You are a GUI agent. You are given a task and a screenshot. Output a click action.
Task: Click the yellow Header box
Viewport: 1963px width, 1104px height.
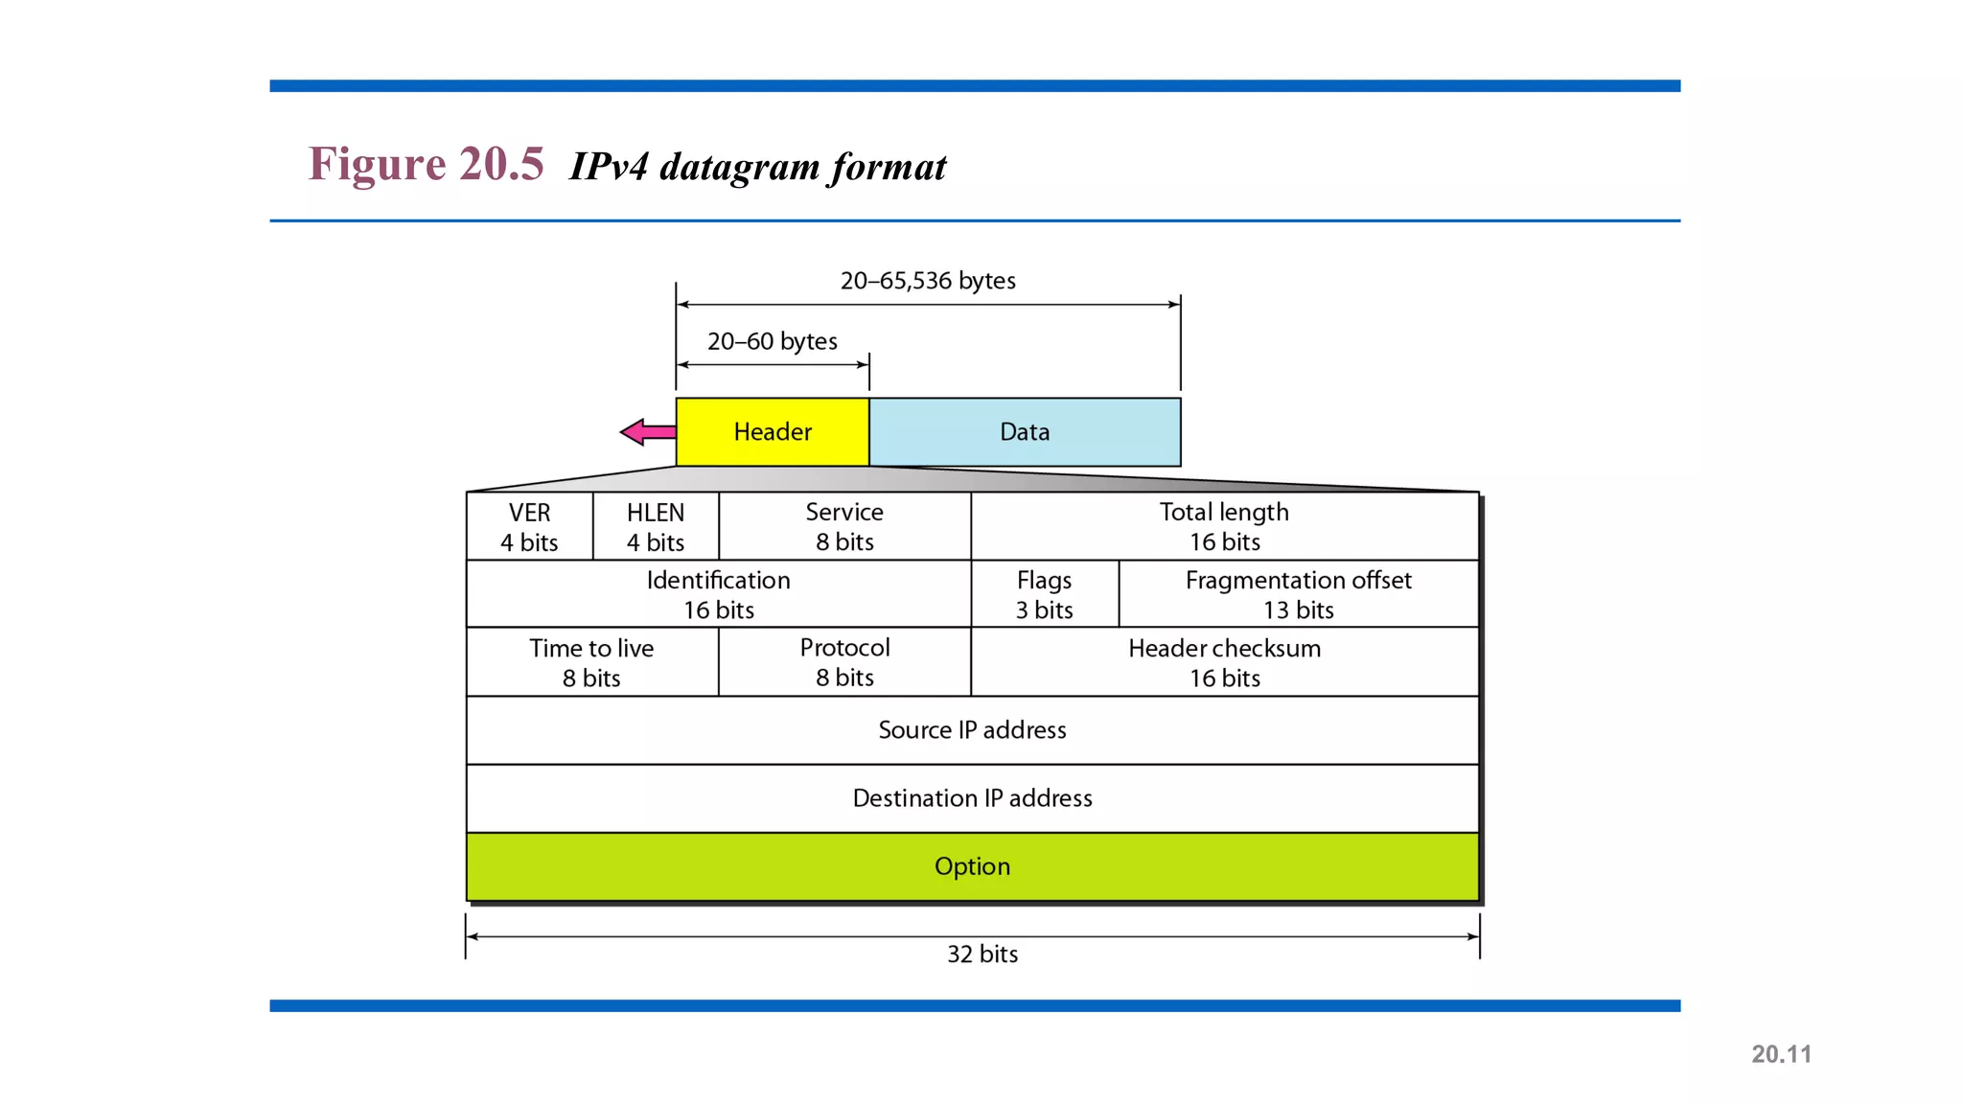pyautogui.click(x=773, y=432)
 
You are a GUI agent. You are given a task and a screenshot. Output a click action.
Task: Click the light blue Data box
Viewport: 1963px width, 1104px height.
pyautogui.click(x=1025, y=432)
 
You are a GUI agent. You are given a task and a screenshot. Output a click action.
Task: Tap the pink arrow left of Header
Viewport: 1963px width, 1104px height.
pyautogui.click(x=648, y=432)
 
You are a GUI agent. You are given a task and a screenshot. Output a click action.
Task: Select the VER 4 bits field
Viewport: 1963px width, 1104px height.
pyautogui.click(x=529, y=527)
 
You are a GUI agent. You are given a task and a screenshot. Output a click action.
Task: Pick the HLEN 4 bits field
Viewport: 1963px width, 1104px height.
pyautogui.click(x=656, y=527)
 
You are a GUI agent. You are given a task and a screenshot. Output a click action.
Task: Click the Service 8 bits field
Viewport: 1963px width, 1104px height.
pyautogui.click(x=844, y=527)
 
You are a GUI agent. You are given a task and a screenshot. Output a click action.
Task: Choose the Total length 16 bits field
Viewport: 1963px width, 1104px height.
pyautogui.click(x=1224, y=527)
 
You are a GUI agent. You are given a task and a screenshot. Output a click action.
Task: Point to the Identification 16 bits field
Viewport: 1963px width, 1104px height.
pyautogui.click(x=718, y=594)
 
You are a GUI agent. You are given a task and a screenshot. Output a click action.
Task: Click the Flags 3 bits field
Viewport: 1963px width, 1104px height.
pyautogui.click(x=1044, y=594)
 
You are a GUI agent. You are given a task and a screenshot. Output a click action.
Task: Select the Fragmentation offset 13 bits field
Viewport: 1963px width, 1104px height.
pyautogui.click(x=1298, y=594)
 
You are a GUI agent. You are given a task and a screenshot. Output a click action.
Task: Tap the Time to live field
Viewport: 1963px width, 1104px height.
pyautogui.click(x=591, y=662)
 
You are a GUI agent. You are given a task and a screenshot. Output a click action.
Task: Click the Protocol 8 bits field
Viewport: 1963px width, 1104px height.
pyautogui.click(x=844, y=662)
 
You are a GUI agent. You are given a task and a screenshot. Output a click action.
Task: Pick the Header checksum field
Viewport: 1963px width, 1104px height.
pyautogui.click(x=1224, y=662)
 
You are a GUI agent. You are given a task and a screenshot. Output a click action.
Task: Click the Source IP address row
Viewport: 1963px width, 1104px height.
pyautogui.click(x=972, y=730)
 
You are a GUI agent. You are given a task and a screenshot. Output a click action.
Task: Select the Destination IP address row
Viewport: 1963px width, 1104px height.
pyautogui.click(x=972, y=798)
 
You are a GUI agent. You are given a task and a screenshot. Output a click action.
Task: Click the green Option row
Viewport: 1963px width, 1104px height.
pyautogui.click(x=972, y=866)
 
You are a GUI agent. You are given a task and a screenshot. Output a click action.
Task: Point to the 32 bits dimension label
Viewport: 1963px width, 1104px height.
pyautogui.click(x=982, y=954)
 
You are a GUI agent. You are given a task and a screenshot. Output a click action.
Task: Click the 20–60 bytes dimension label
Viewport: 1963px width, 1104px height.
pyautogui.click(x=773, y=341)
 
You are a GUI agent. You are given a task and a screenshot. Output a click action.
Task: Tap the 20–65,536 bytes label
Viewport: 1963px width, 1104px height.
pyautogui.click(x=928, y=281)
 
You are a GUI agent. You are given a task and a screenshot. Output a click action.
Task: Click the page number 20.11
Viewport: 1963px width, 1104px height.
pyautogui.click(x=1781, y=1054)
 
